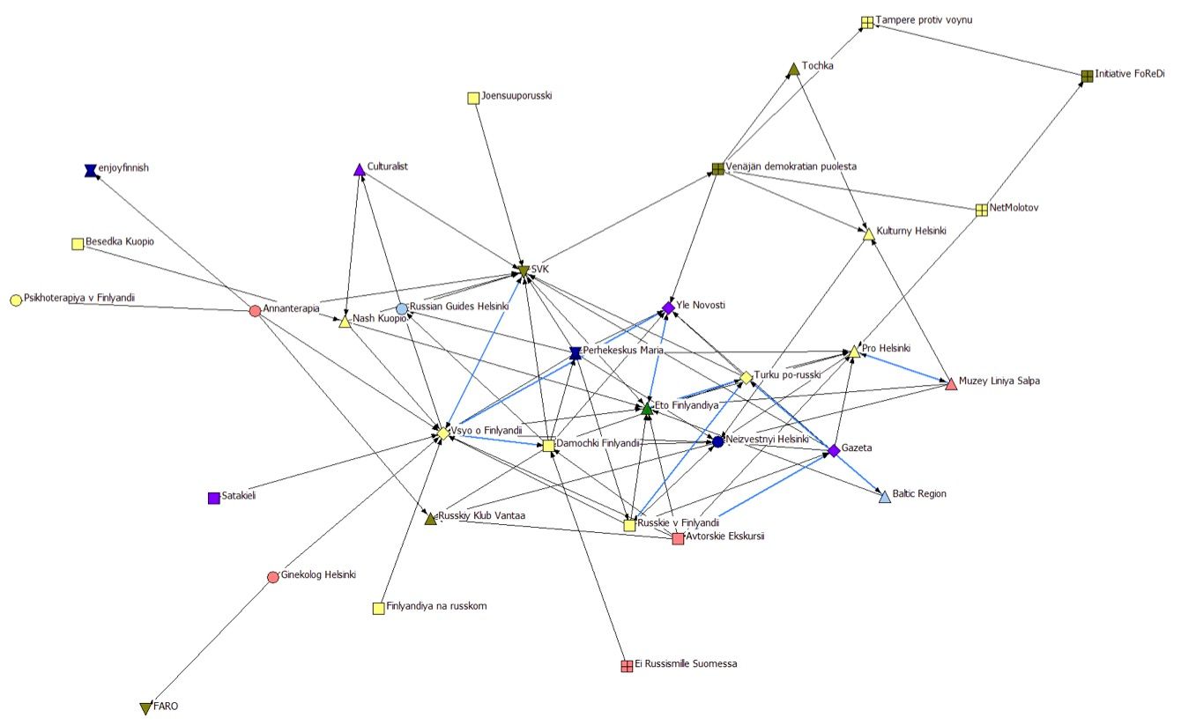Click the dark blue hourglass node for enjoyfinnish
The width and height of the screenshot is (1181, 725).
(x=89, y=170)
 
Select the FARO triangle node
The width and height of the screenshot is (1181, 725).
(x=146, y=708)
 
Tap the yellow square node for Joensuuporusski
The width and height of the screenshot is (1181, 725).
(x=473, y=98)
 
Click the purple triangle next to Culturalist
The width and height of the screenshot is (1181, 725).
(x=359, y=169)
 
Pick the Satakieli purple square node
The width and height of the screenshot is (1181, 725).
(x=213, y=498)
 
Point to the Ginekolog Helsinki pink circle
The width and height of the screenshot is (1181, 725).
(x=273, y=577)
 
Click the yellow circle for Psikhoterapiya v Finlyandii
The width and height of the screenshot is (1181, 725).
(x=16, y=300)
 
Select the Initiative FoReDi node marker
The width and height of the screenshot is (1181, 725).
(x=1088, y=77)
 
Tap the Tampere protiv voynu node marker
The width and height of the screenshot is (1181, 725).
(x=867, y=22)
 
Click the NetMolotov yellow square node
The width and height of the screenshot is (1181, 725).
(x=981, y=210)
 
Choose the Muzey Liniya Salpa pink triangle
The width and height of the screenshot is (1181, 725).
(x=950, y=384)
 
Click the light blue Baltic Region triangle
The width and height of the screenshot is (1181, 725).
(x=885, y=498)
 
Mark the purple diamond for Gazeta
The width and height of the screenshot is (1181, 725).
(x=834, y=451)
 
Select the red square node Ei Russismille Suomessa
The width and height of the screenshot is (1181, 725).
(x=627, y=665)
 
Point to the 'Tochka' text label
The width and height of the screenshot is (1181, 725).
(x=818, y=66)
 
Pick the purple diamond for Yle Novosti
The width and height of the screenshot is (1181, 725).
(x=668, y=307)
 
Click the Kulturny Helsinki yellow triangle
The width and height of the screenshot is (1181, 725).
(x=868, y=234)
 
